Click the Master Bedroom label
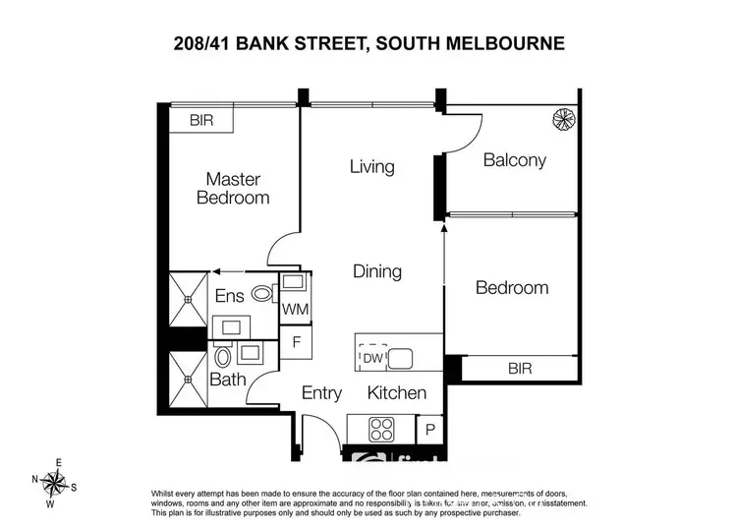point(233,188)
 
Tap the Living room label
point(371,166)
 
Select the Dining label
point(377,271)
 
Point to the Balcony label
point(514,160)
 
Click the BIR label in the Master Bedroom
point(202,121)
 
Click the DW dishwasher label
point(371,359)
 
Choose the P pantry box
point(430,429)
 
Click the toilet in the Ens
point(262,293)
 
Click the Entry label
point(321,393)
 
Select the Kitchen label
point(397,393)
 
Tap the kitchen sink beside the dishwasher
point(403,359)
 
